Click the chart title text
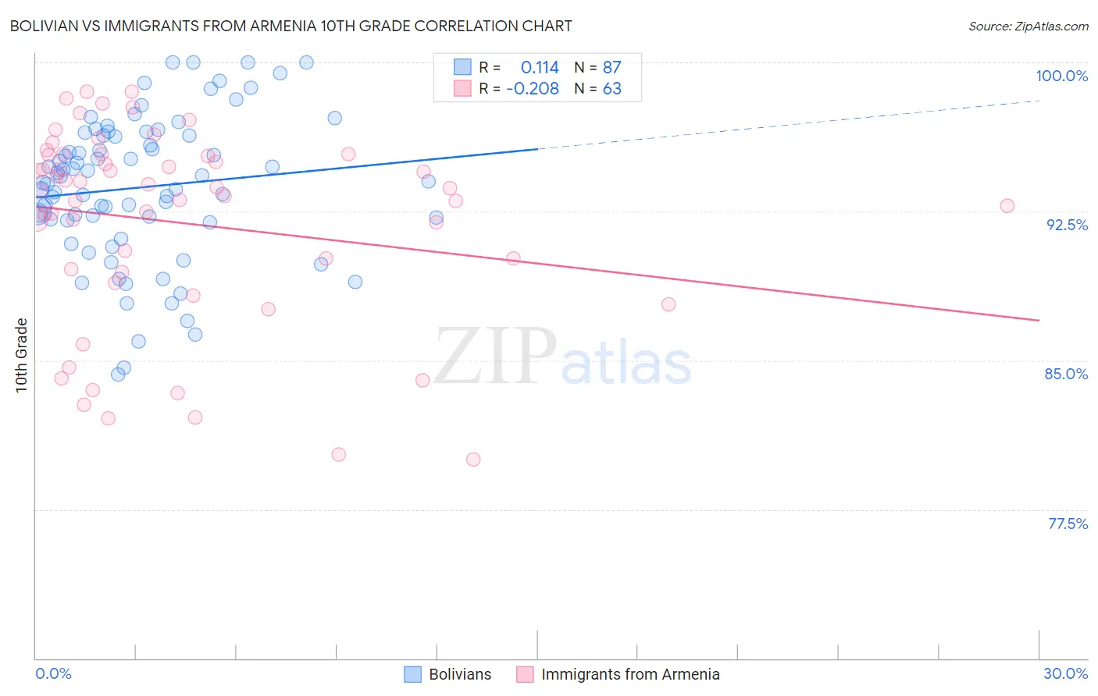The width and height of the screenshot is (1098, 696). [291, 26]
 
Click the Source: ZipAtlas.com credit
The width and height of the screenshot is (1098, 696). [1028, 26]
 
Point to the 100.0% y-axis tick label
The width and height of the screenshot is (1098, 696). [1061, 76]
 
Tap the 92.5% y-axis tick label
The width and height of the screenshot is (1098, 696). [1067, 225]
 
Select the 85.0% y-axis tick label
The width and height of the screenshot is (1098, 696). [1066, 374]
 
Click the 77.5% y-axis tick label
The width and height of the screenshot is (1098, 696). [1068, 524]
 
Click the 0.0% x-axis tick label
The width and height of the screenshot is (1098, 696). [53, 673]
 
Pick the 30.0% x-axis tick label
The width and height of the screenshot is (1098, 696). [1065, 673]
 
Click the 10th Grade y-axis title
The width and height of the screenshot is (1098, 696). [22, 355]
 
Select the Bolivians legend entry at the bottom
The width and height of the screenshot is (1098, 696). [447, 674]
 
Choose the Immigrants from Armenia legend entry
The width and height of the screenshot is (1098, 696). [618, 674]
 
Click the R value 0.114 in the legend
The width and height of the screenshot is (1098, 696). [540, 68]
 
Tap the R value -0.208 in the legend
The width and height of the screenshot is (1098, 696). [533, 89]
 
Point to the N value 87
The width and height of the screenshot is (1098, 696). [611, 68]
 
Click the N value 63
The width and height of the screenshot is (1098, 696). [611, 89]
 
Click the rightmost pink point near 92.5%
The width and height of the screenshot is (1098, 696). [1007, 206]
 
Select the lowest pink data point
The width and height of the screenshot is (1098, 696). [473, 460]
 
